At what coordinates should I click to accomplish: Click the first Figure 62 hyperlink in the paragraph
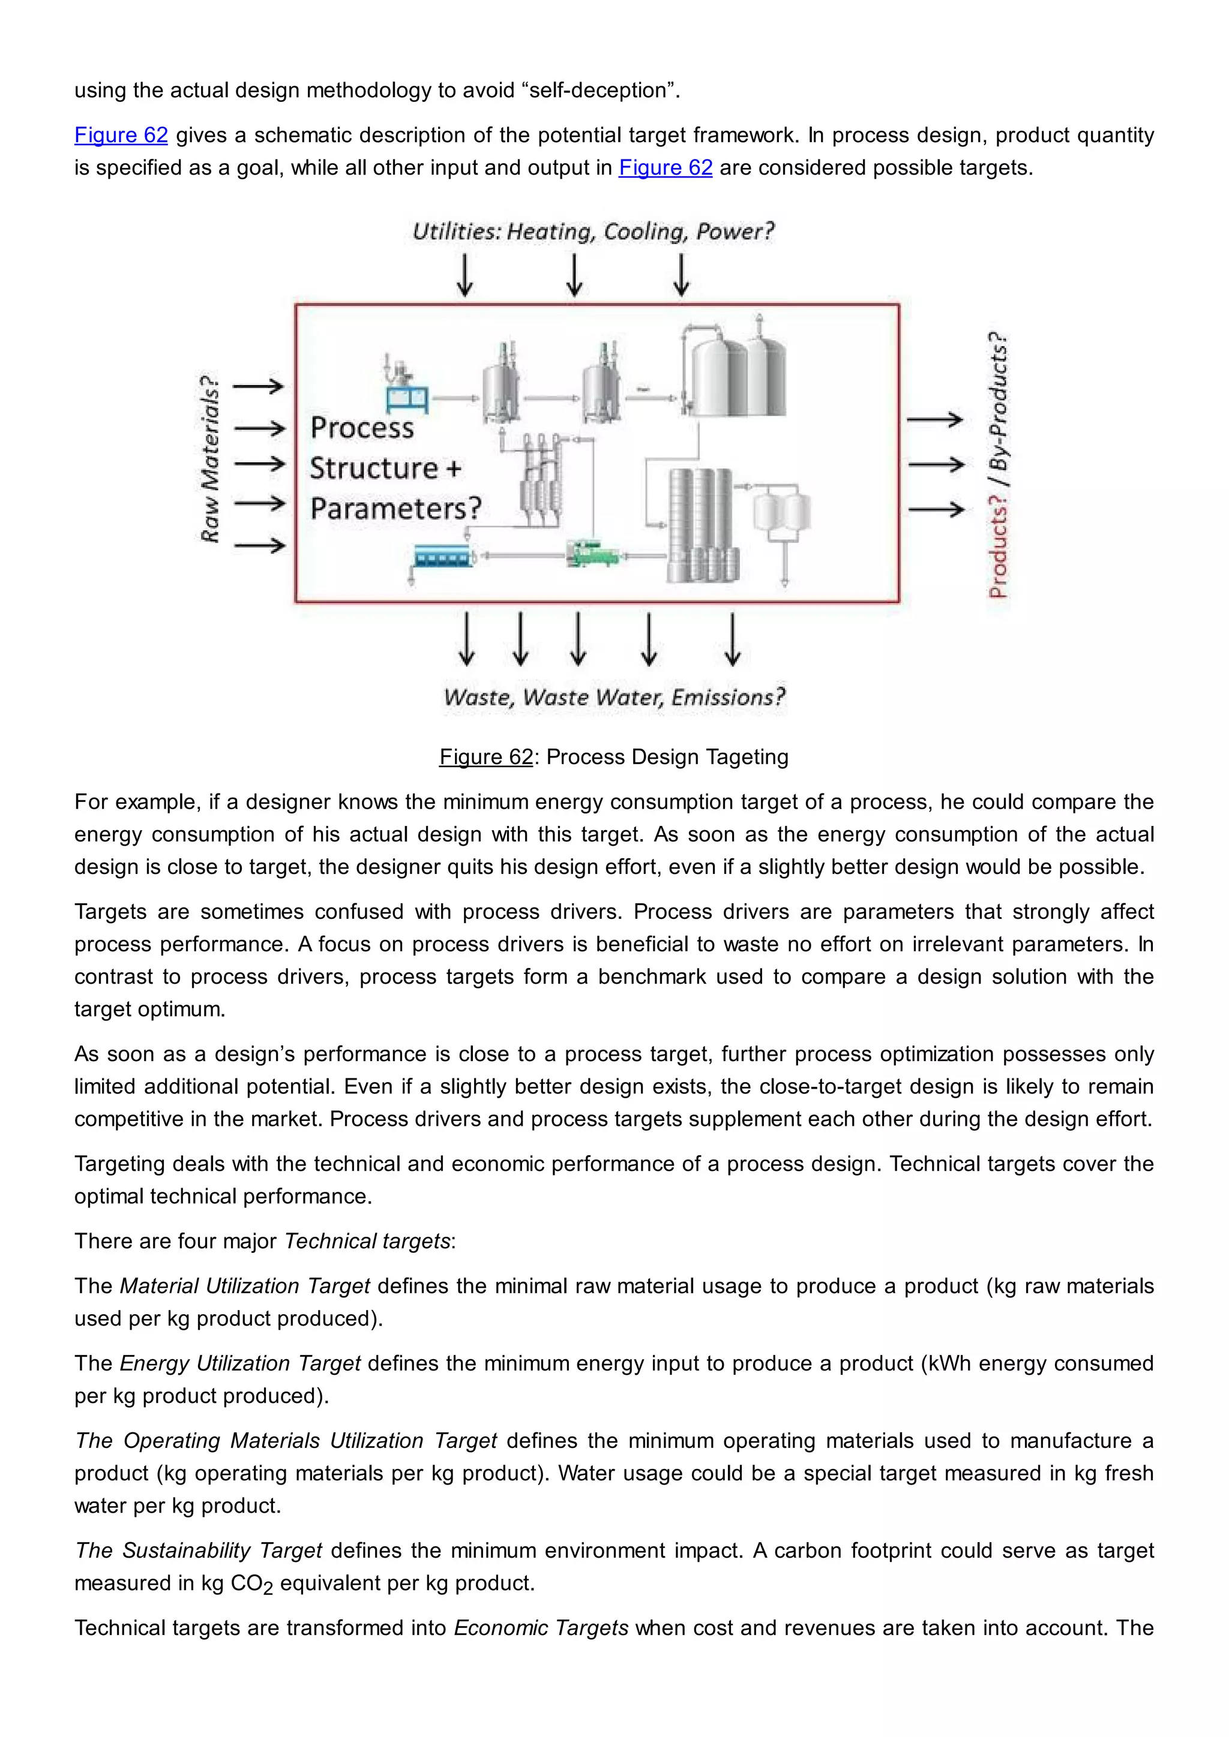[121, 136]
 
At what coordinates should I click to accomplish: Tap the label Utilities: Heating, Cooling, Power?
[593, 232]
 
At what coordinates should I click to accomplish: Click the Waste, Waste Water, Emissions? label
[614, 697]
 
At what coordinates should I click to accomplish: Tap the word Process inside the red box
[362, 428]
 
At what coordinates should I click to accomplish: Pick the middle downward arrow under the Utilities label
[574, 275]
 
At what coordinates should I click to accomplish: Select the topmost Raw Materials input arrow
[258, 387]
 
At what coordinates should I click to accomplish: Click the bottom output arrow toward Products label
[936, 509]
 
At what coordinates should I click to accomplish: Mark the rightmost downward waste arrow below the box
[732, 639]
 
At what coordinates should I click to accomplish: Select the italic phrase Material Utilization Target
[244, 1285]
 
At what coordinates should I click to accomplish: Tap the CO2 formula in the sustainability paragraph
[251, 1583]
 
